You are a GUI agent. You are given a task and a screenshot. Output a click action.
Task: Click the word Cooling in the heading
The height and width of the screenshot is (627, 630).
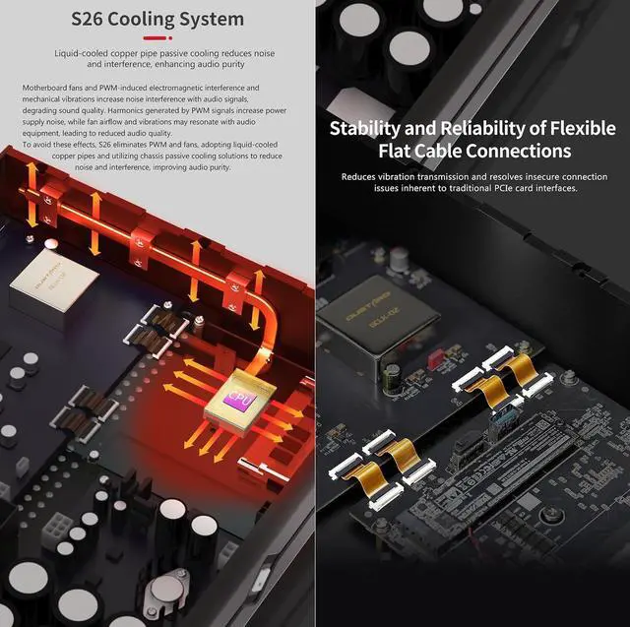point(140,20)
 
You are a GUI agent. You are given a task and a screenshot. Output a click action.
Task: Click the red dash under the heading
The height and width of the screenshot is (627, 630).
point(155,38)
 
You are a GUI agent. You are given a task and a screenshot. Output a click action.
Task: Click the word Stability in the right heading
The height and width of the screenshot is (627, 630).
point(365,129)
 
